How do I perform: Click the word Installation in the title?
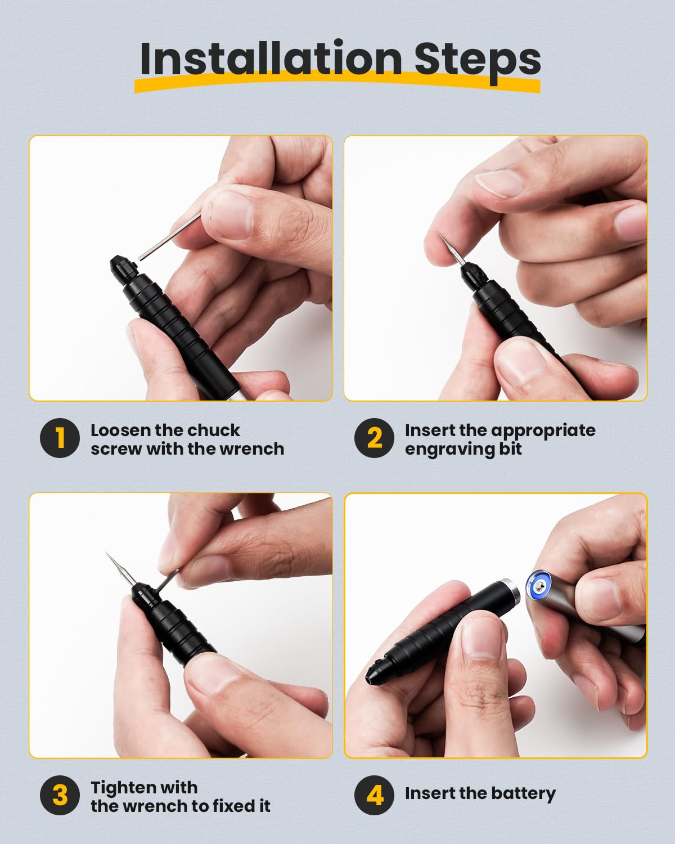point(270,59)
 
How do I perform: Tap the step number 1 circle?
point(60,438)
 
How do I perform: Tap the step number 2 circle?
point(374,438)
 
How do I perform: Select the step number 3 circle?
point(60,796)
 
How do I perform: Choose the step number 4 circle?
point(374,796)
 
